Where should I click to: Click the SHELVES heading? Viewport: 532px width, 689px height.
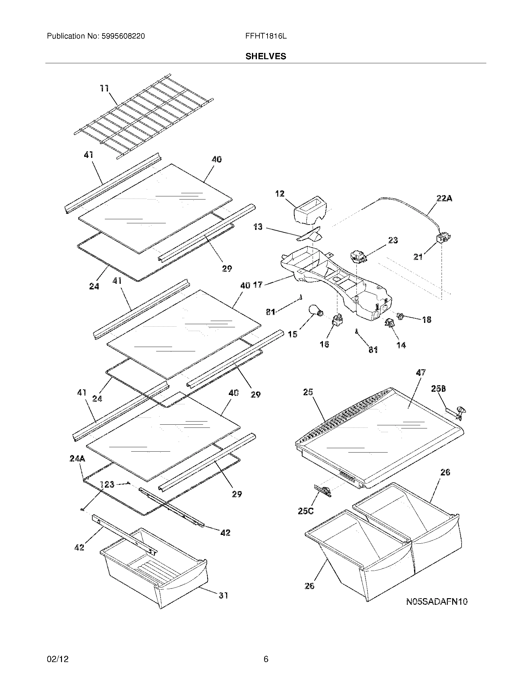tap(266, 56)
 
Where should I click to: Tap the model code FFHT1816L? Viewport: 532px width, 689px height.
tap(266, 36)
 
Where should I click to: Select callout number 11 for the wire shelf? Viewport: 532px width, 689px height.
tap(104, 89)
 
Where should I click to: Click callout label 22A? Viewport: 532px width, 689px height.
tap(444, 199)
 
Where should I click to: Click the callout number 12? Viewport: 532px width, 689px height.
tap(279, 194)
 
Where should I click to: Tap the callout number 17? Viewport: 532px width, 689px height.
tap(258, 285)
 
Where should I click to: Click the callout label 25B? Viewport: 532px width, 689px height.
tap(438, 389)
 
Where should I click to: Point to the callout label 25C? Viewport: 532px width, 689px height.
tap(305, 511)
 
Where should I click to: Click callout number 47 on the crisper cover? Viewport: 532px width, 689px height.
tap(421, 373)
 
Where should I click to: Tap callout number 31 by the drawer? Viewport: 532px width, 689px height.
tap(223, 596)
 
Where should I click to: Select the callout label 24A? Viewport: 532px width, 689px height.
tap(77, 458)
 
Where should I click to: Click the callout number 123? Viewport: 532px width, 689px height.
tap(107, 484)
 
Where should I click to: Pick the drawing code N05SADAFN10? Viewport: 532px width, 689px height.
tap(437, 602)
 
